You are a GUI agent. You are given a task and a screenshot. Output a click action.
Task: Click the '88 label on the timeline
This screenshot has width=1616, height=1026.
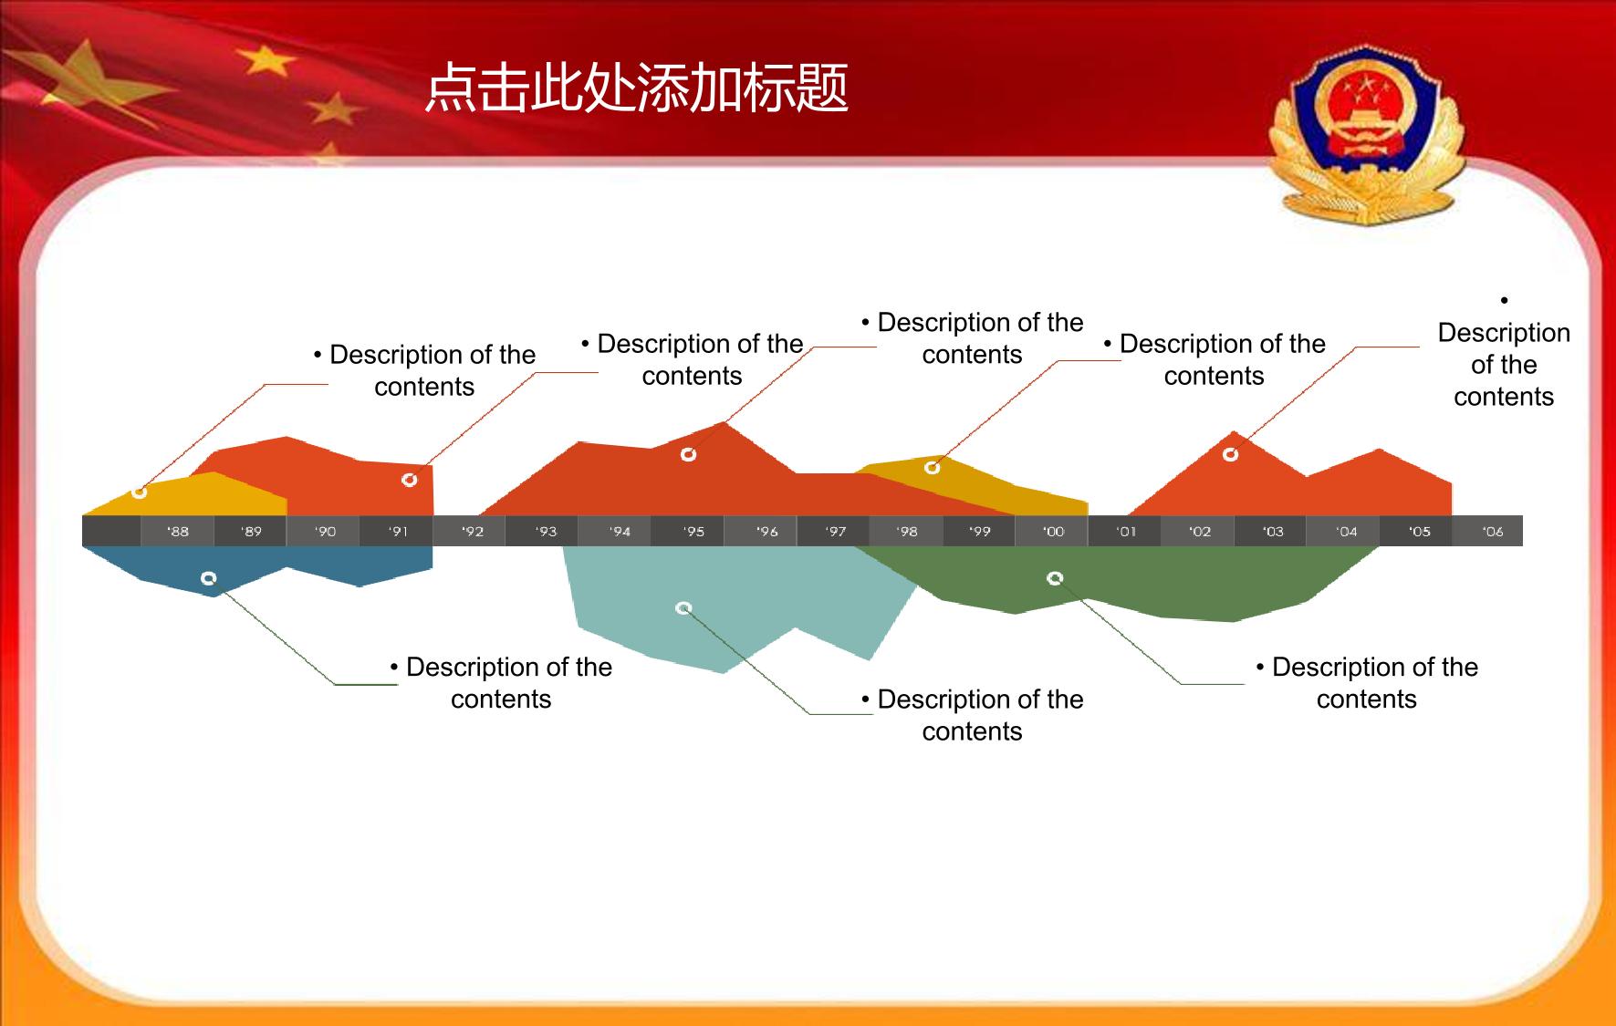pyautogui.click(x=178, y=532)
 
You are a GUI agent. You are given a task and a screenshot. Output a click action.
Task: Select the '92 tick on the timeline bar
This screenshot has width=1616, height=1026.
pyautogui.click(x=472, y=532)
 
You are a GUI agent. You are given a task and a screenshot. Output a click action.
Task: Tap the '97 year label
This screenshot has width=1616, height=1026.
pyautogui.click(x=835, y=532)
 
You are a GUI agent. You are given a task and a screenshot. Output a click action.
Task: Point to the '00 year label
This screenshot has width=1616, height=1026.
pyautogui.click(x=1053, y=532)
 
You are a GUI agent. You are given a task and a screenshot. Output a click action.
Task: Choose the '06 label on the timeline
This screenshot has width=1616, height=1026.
pyautogui.click(x=1493, y=532)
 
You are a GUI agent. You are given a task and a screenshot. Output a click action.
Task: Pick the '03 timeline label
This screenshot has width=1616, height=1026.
pyautogui.click(x=1273, y=532)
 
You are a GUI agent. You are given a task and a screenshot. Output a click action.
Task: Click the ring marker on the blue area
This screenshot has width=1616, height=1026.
pyautogui.click(x=208, y=578)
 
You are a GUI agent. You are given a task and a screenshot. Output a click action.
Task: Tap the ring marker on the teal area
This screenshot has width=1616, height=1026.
pyautogui.click(x=683, y=608)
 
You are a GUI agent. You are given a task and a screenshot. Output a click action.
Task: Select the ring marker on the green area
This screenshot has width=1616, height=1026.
pyautogui.click(x=1055, y=577)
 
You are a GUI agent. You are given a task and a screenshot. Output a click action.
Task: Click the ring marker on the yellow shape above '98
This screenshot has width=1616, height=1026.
pyautogui.click(x=932, y=468)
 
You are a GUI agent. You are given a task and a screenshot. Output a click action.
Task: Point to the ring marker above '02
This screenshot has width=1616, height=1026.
pyautogui.click(x=1230, y=454)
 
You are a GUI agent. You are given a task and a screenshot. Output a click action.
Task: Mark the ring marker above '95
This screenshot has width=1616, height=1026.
pyautogui.click(x=688, y=454)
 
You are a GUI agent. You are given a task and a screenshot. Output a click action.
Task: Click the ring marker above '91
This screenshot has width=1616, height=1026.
pyautogui.click(x=409, y=480)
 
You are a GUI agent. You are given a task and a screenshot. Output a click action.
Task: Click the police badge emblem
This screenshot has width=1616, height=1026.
pyautogui.click(x=1366, y=137)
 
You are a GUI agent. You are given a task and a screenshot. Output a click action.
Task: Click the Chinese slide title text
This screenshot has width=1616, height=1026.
pyautogui.click(x=637, y=88)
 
